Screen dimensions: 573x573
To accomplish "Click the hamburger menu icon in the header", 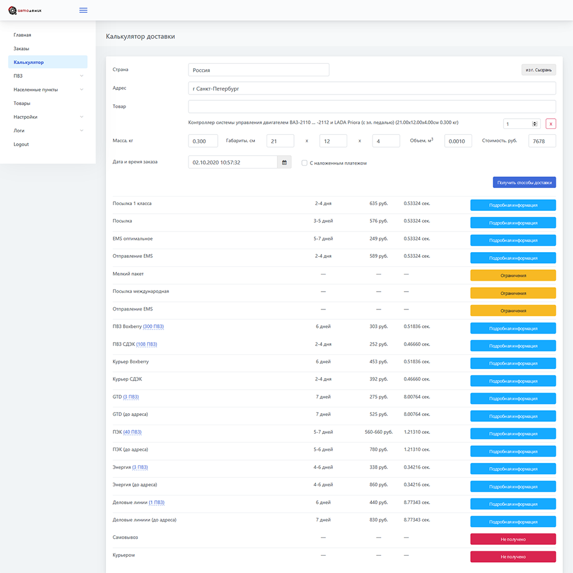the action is click(83, 10).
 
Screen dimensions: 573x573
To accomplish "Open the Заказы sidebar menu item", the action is click(21, 49).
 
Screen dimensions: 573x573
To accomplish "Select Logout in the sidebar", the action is click(21, 144).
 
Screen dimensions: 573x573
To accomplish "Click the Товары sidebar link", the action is click(22, 103).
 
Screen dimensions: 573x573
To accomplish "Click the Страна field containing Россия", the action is click(259, 70).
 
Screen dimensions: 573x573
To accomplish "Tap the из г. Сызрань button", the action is click(539, 70).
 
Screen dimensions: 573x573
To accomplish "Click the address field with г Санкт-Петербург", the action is click(372, 88).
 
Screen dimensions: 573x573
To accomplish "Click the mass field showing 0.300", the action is click(203, 141).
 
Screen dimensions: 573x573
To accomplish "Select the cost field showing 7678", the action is click(542, 141).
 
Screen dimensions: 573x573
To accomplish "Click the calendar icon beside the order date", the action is click(284, 162).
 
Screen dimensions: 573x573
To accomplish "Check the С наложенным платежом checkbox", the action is click(304, 163).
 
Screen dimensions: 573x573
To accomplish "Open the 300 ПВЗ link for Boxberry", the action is click(154, 327).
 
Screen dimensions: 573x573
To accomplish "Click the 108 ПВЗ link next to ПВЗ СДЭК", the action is click(147, 344).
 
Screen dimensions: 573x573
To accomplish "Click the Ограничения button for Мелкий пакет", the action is click(513, 276).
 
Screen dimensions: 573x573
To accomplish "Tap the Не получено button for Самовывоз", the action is click(513, 539).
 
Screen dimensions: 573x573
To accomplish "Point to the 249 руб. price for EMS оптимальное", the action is click(379, 238).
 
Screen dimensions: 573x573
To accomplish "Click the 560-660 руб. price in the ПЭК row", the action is click(379, 432).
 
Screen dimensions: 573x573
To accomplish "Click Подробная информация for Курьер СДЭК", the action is click(513, 381).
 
